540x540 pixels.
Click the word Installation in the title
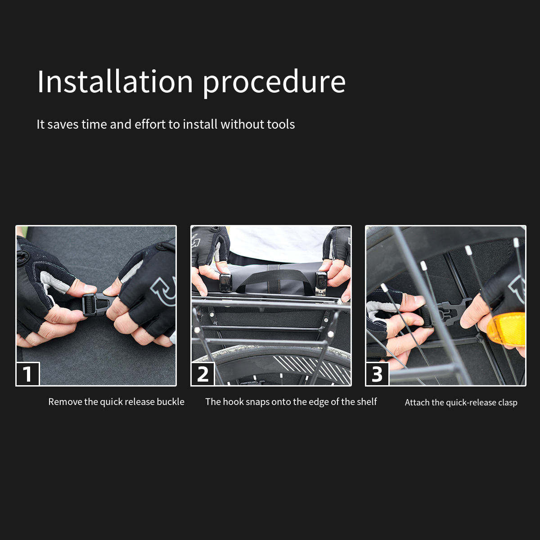click(115, 81)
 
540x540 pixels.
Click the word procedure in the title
click(274, 84)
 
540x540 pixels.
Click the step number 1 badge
click(28, 374)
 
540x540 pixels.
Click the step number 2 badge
click(202, 374)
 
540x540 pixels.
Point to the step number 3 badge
click(377, 374)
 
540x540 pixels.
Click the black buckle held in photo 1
click(97, 305)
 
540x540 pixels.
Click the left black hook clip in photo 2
click(225, 283)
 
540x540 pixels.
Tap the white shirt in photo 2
click(280, 244)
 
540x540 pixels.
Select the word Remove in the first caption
click(66, 402)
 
